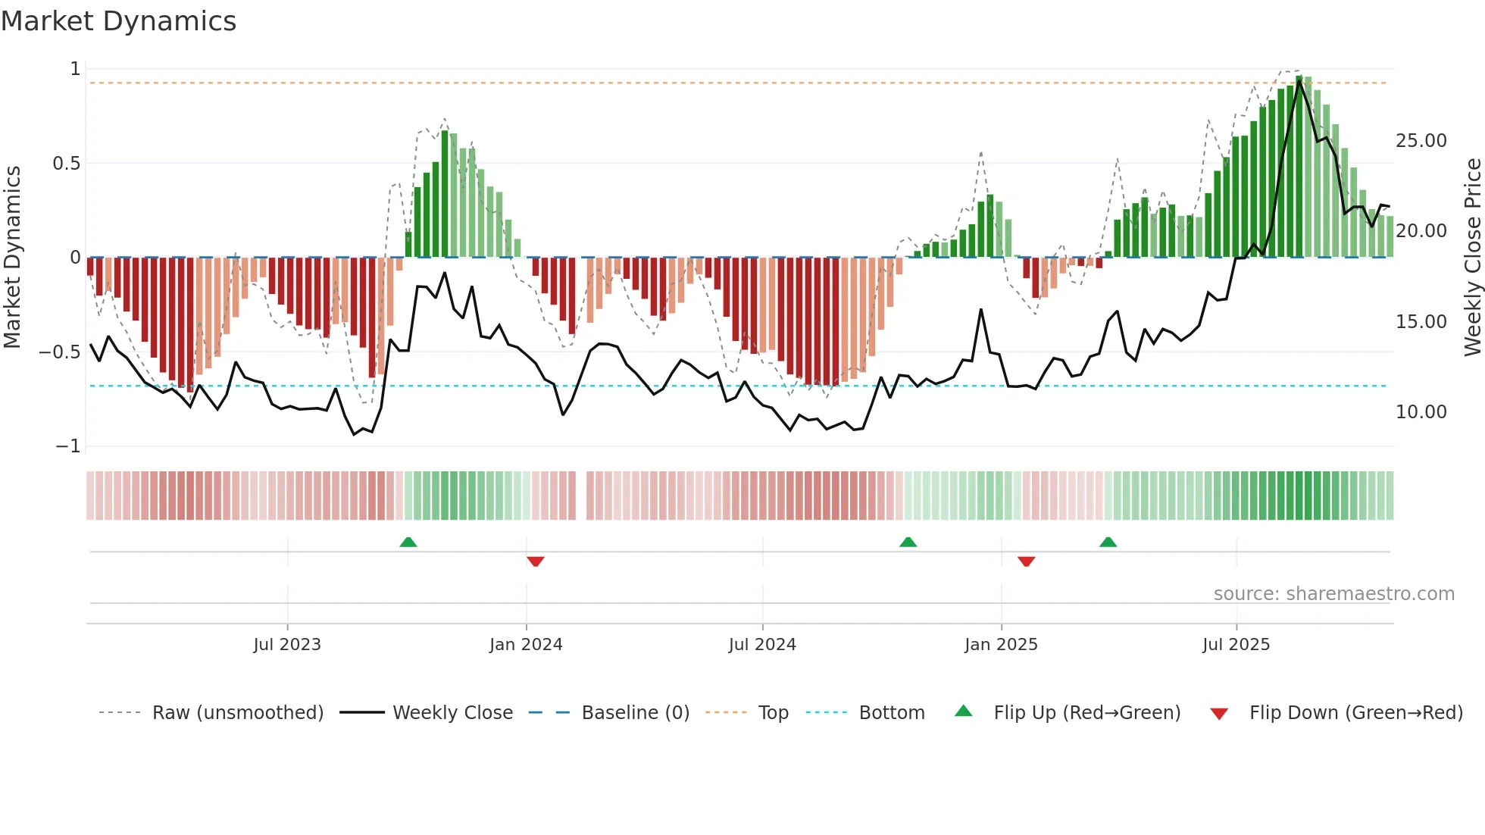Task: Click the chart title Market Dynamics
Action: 118,21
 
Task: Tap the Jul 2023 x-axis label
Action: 287,645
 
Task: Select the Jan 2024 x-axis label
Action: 526,645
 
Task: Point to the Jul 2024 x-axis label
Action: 762,645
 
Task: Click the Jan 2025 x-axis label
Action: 1001,645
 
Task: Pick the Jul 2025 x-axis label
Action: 1236,645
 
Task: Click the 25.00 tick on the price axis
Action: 1421,141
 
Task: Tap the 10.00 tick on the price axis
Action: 1421,412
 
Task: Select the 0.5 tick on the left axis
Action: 66,164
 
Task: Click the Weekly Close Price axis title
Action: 1472,258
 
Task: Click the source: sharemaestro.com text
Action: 1333,594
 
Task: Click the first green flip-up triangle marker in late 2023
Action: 408,542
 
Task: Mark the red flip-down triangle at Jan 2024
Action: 536,561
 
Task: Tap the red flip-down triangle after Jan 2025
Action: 1027,561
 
